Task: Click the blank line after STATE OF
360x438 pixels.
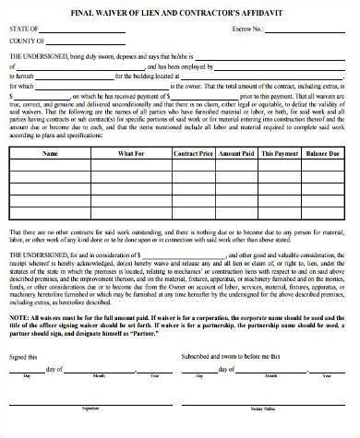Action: pos(83,30)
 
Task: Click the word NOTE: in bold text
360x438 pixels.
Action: pos(19,341)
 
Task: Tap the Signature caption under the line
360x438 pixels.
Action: pos(90,431)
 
